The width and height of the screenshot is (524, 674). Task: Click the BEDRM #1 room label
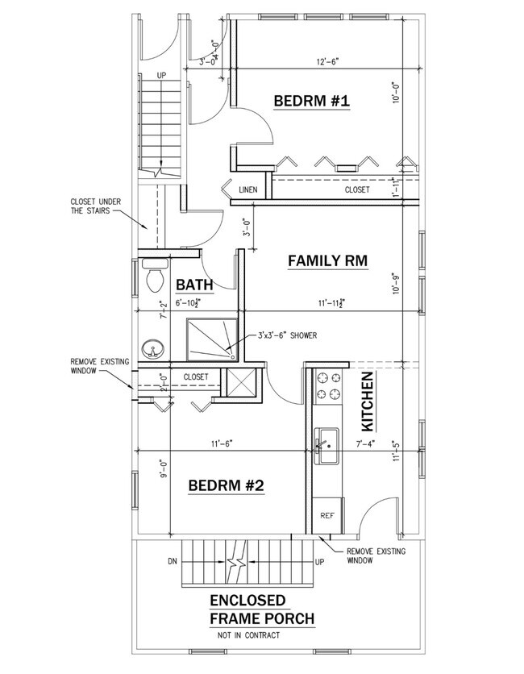[x=310, y=102]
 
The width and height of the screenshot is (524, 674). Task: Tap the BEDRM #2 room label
[x=226, y=486]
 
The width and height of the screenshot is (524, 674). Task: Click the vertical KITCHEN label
[x=367, y=400]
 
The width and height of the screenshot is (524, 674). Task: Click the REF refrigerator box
[x=327, y=514]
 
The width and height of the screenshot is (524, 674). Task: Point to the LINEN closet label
[x=248, y=190]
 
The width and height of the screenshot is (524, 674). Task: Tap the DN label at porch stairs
[x=171, y=559]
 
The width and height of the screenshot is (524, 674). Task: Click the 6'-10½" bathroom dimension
[x=192, y=303]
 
